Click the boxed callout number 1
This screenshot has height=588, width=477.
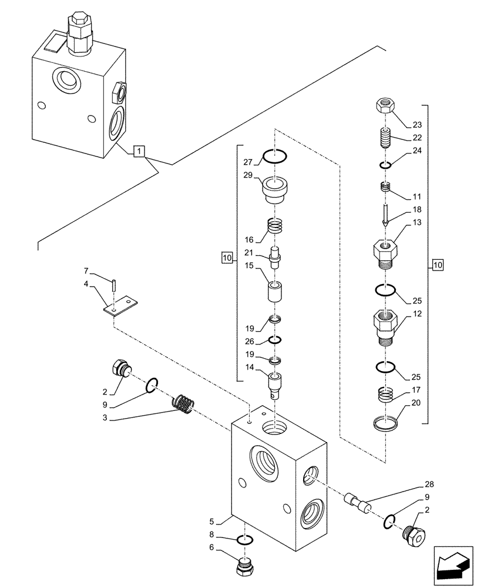[137, 152]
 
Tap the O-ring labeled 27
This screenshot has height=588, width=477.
[274, 157]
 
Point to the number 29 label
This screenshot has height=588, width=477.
[248, 176]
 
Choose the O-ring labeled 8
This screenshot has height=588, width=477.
[245, 540]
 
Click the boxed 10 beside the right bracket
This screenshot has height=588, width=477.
[438, 266]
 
